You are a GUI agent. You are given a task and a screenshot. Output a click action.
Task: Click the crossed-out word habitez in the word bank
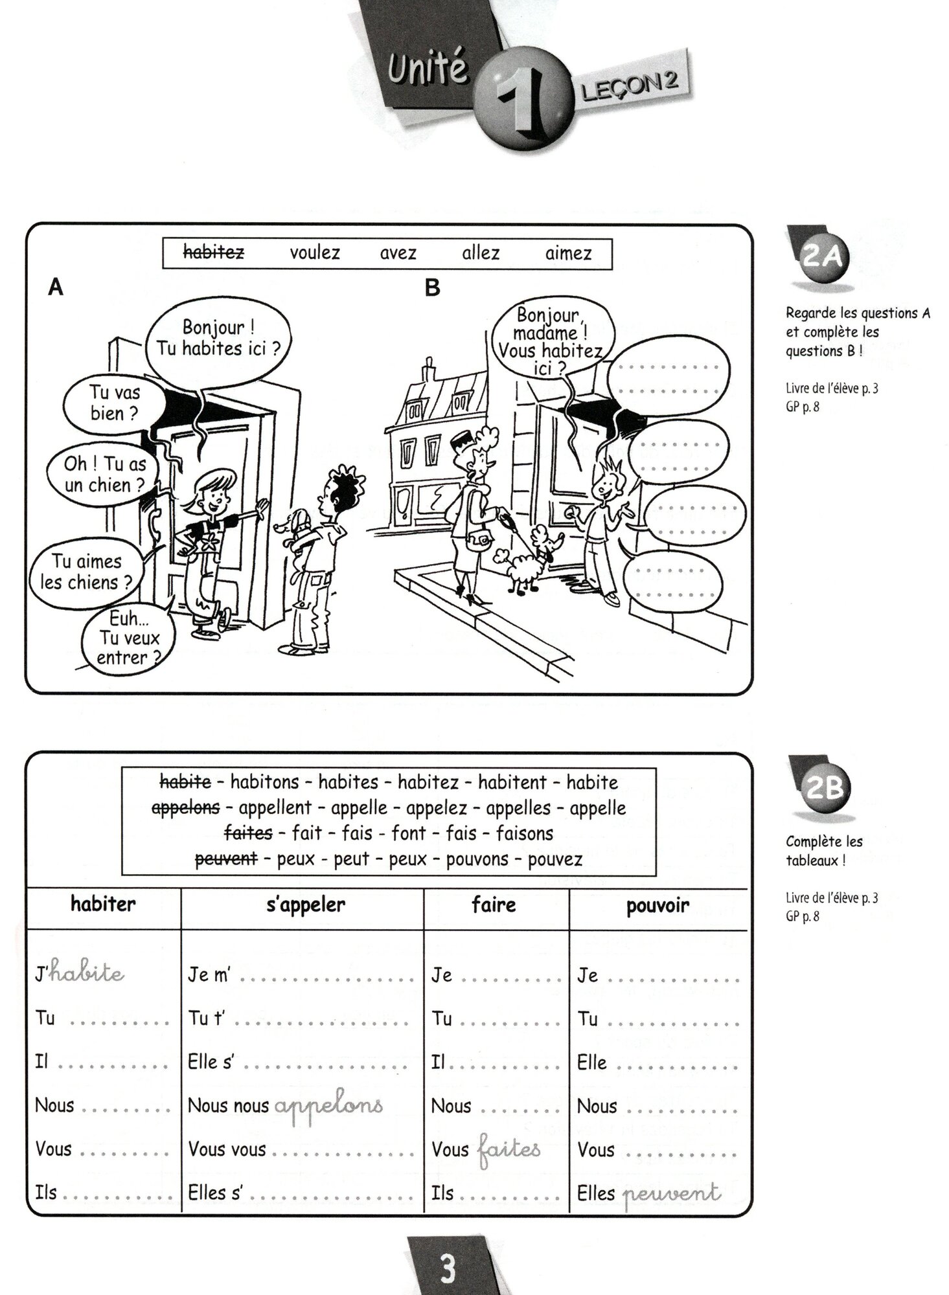click(213, 253)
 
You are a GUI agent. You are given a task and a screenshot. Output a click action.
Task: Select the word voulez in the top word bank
click(314, 253)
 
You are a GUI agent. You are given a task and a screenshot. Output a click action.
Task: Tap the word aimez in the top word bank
click(568, 253)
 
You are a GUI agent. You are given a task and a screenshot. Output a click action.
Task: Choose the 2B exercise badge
click(823, 787)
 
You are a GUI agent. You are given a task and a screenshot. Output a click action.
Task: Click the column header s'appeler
click(305, 905)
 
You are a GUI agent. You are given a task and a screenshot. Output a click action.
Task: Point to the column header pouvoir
click(657, 905)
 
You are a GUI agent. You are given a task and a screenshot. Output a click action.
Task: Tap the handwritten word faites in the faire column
click(509, 1149)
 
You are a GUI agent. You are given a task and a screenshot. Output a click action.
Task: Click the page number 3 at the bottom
click(448, 1269)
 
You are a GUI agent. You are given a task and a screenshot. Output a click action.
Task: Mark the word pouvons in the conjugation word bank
click(477, 859)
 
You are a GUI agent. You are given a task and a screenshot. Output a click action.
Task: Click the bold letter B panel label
click(432, 287)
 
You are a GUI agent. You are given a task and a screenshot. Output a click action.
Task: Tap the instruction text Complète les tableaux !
click(823, 851)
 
